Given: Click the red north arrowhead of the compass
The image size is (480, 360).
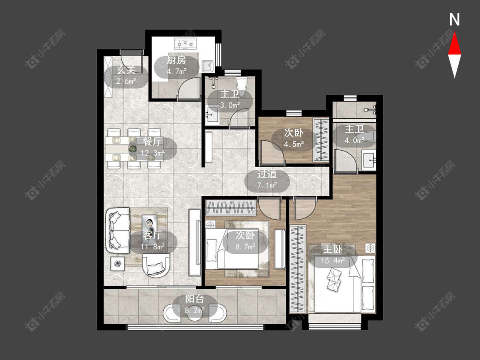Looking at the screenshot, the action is pyautogui.click(x=454, y=45).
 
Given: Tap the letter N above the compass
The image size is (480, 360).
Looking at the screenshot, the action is pyautogui.click(x=454, y=20).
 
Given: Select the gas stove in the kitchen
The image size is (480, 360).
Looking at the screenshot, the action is pyautogui.click(x=185, y=44).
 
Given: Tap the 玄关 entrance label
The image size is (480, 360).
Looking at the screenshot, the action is pyautogui.click(x=126, y=70).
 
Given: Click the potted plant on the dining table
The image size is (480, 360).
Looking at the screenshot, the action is pyautogui.click(x=133, y=149).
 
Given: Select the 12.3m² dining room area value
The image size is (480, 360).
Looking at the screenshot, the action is pyautogui.click(x=153, y=152).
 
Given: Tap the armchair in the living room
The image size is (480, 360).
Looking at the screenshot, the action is pyautogui.click(x=156, y=265).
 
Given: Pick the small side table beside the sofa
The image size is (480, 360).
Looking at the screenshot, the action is pyautogui.click(x=118, y=263).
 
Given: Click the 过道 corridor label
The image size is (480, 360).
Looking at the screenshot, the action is pyautogui.click(x=267, y=174).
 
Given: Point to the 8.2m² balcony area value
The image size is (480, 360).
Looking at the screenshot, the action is pyautogui.click(x=195, y=311).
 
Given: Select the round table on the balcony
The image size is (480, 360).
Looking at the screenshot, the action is pyautogui.click(x=195, y=313).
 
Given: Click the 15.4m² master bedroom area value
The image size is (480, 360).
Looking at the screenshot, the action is pyautogui.click(x=333, y=261).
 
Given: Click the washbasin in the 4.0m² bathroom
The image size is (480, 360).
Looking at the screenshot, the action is pyautogui.click(x=369, y=160).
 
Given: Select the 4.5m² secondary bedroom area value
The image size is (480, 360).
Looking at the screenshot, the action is pyautogui.click(x=294, y=144).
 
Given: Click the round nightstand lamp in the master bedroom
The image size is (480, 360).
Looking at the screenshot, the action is pyautogui.click(x=370, y=247).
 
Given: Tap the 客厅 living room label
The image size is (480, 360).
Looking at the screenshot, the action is pyautogui.click(x=152, y=235).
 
